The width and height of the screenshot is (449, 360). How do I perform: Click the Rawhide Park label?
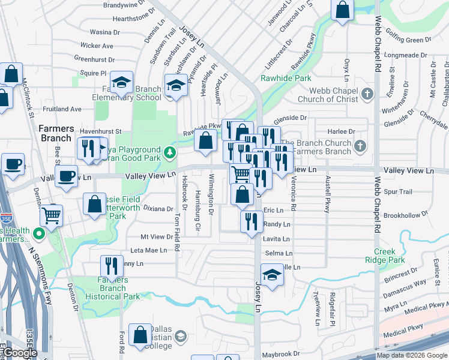pyautogui.click(x=286, y=78)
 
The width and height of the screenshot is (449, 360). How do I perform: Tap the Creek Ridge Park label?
pyautogui.click(x=389, y=256)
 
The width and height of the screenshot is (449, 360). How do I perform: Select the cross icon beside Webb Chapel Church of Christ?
pyautogui.click(x=369, y=94)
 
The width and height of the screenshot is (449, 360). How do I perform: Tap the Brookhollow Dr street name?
pyautogui.click(x=408, y=214)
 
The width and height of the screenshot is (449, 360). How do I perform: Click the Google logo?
pyautogui.click(x=20, y=353)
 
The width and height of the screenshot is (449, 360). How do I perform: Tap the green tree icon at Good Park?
pyautogui.click(x=169, y=151)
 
